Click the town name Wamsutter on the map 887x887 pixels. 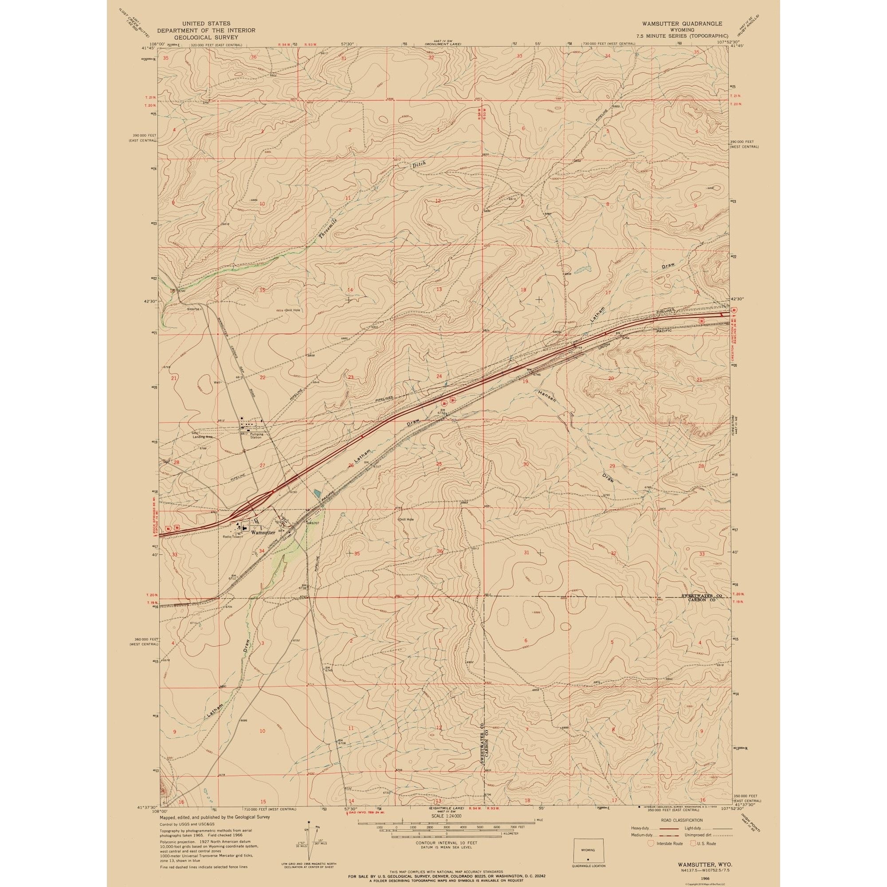263,533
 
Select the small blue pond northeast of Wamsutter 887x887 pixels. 317,494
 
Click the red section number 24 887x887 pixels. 439,376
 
